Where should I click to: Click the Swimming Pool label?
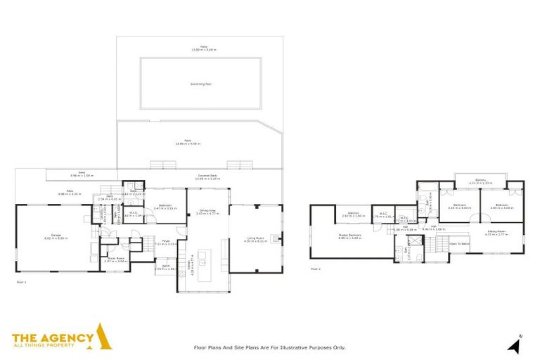200,84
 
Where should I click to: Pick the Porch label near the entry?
167,266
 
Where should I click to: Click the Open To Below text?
458,244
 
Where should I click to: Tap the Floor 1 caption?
20,281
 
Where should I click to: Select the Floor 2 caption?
315,268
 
